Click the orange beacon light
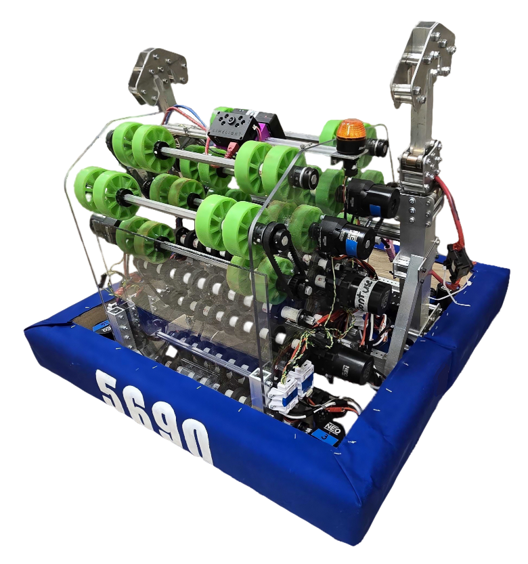351,131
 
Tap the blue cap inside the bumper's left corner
101,328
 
